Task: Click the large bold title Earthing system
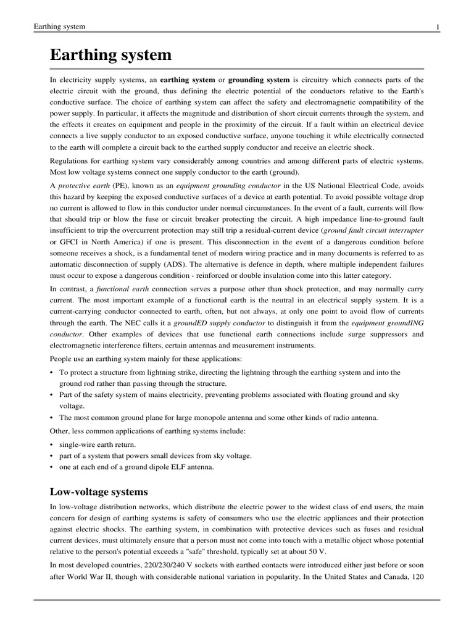tap(110, 55)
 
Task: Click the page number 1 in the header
tap(437, 27)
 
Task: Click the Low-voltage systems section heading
tap(99, 492)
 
